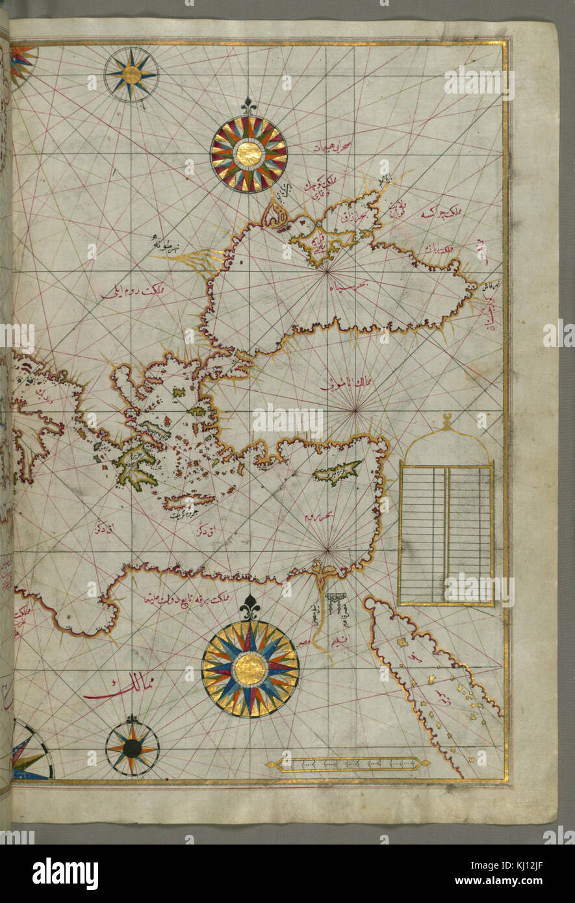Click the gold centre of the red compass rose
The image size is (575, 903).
(x=249, y=154)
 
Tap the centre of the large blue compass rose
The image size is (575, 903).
(x=250, y=668)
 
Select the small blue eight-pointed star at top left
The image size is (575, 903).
(x=131, y=75)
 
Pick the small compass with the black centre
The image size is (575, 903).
(x=132, y=749)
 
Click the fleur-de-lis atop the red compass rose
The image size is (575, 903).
(x=249, y=105)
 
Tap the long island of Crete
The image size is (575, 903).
(x=189, y=502)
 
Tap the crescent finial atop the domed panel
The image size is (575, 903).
(x=446, y=422)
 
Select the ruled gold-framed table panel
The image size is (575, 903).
(x=446, y=534)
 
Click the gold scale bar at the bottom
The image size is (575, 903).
(x=347, y=764)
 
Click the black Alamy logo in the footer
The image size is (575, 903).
(x=65, y=874)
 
